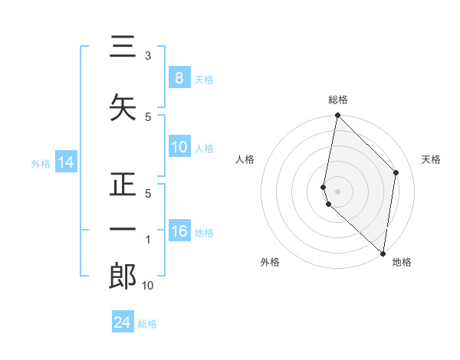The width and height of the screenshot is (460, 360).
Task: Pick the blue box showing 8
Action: (179, 78)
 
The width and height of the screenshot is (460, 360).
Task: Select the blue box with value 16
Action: (179, 232)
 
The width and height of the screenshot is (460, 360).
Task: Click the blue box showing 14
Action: (65, 162)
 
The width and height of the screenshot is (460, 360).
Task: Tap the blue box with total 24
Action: (123, 322)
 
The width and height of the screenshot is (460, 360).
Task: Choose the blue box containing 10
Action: (179, 147)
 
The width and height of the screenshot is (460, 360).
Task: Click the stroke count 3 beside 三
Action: (148, 56)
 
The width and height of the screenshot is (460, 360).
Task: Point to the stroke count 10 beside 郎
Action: (148, 286)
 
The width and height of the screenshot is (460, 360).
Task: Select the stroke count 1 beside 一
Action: (148, 240)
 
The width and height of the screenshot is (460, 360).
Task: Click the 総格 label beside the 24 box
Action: (148, 324)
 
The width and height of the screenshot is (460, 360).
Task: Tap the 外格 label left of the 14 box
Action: (41, 163)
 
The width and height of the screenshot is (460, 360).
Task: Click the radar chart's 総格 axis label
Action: (338, 100)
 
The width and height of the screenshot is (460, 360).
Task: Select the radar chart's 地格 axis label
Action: (402, 262)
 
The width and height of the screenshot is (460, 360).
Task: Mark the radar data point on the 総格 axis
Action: (337, 116)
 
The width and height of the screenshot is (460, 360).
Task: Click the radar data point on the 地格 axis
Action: (383, 254)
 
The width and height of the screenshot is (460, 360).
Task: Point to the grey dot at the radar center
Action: (337, 191)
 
